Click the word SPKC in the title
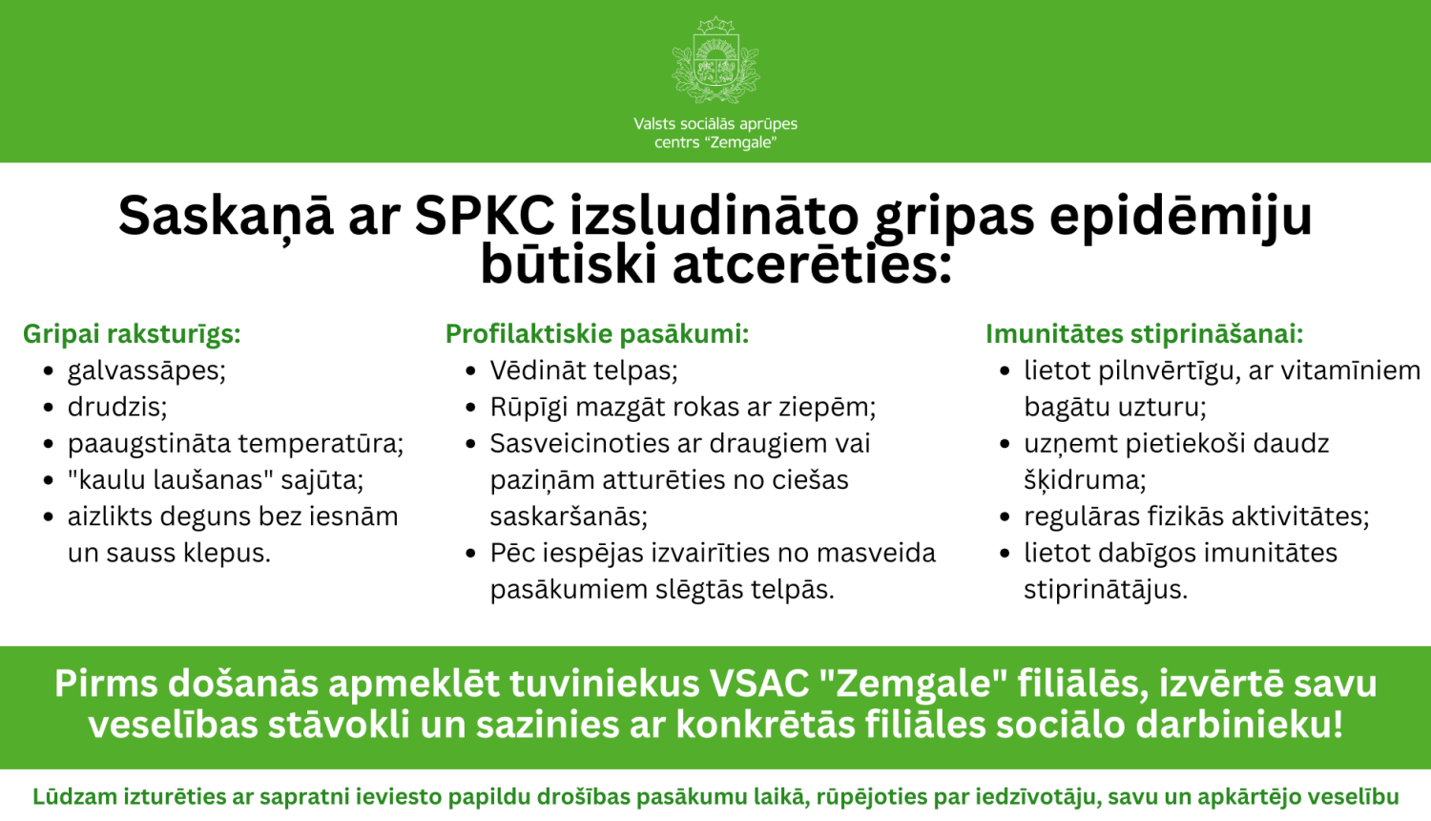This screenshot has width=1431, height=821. coord(484,216)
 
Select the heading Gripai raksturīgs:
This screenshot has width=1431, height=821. coord(132,334)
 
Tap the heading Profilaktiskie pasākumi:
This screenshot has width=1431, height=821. coord(597,334)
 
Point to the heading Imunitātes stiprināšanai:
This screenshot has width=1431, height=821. coord(1144,334)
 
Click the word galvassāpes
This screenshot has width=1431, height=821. coord(146,370)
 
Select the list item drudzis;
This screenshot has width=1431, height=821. coord(117,408)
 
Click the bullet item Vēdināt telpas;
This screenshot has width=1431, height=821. coord(584,370)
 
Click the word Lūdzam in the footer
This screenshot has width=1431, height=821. coord(75,797)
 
